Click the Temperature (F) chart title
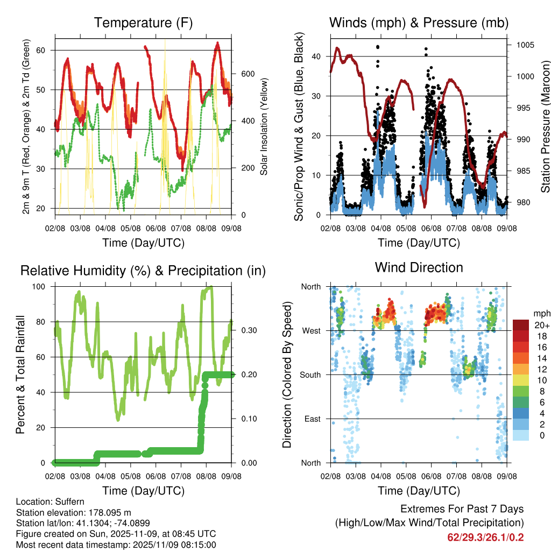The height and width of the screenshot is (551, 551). click(143, 23)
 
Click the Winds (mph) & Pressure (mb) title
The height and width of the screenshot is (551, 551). click(419, 23)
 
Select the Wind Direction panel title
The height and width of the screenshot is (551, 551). click(419, 267)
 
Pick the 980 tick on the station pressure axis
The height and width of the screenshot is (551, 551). click(522, 203)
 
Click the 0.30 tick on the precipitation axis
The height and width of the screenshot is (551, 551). click(245, 330)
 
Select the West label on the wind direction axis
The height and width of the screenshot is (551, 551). click(312, 330)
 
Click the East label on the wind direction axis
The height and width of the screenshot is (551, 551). click(313, 419)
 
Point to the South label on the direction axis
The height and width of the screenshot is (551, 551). click(310, 375)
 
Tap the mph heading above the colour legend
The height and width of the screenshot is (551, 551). click(541, 313)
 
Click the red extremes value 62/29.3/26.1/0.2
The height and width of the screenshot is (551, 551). click(485, 537)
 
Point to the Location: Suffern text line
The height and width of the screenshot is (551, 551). click(50, 502)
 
